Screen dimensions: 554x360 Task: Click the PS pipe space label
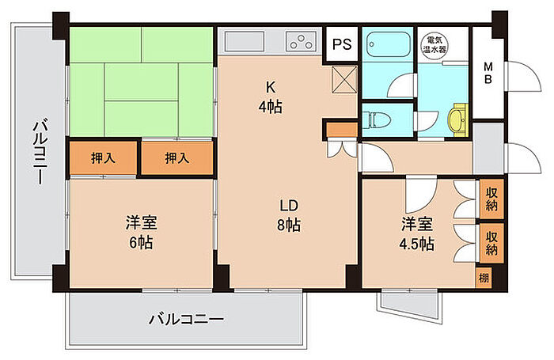point(342,44)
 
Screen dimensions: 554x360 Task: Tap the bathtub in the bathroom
point(388,44)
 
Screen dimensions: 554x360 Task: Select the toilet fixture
point(378,119)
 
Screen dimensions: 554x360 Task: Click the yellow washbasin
point(458,119)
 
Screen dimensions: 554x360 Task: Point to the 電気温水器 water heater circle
point(435,44)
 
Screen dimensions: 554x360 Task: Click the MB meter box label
point(488,73)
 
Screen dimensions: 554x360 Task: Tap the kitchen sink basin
point(245,41)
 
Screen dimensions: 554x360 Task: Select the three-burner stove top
point(301,41)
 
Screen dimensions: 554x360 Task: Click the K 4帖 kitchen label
point(271,97)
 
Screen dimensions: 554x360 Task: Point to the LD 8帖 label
point(289,215)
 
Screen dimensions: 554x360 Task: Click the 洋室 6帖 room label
point(142,233)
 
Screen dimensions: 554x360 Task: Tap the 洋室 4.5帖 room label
point(417,233)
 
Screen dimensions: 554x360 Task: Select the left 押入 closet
point(103,157)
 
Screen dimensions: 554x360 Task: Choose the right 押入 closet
point(177,157)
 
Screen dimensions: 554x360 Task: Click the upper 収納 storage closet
point(491,199)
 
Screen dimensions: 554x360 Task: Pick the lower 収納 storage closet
point(491,243)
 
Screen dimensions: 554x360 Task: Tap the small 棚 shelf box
point(484,278)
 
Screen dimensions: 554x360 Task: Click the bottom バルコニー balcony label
point(186,320)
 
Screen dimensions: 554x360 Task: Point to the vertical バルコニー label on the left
point(40,151)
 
